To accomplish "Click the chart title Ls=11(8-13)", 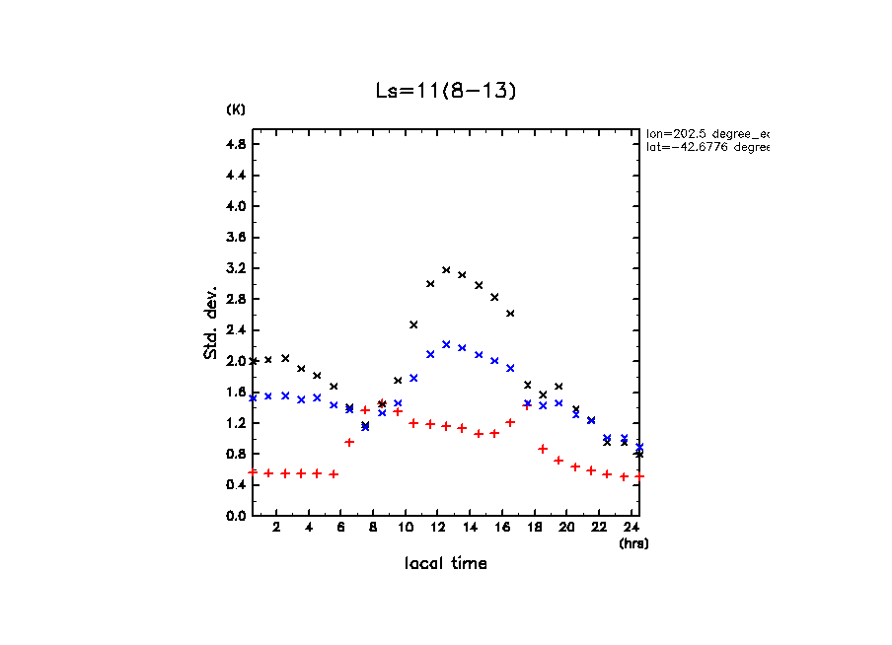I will click(446, 91).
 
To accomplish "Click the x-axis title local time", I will click(446, 564).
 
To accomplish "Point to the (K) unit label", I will click(236, 108).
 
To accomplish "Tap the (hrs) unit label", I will click(633, 543).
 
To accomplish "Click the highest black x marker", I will click(446, 269).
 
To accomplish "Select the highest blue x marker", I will click(446, 344).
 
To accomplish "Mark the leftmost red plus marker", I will click(253, 471).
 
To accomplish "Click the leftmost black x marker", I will click(253, 361).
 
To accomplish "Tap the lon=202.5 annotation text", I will click(706, 132).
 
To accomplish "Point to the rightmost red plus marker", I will click(639, 475).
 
